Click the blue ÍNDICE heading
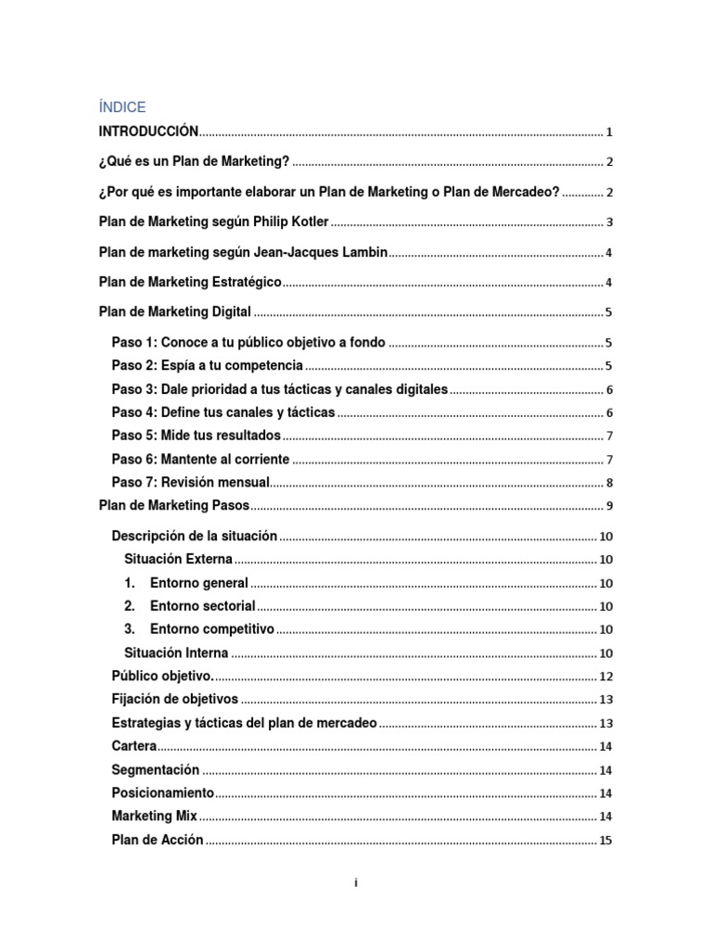tap(122, 108)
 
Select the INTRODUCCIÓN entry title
tap(148, 131)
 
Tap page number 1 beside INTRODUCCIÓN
tap(609, 132)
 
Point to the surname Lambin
tap(363, 252)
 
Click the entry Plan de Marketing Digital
tap(175, 312)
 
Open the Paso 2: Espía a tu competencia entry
tap(207, 365)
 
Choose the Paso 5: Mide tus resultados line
tap(196, 435)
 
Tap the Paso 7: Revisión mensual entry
tap(190, 482)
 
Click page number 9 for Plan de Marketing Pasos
tap(609, 506)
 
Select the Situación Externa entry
tap(178, 559)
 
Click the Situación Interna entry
tap(176, 652)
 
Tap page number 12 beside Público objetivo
tap(606, 677)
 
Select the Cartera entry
tap(134, 746)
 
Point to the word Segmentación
tap(156, 769)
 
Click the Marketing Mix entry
tap(155, 816)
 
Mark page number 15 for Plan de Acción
tap(606, 841)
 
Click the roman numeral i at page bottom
tap(356, 883)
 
